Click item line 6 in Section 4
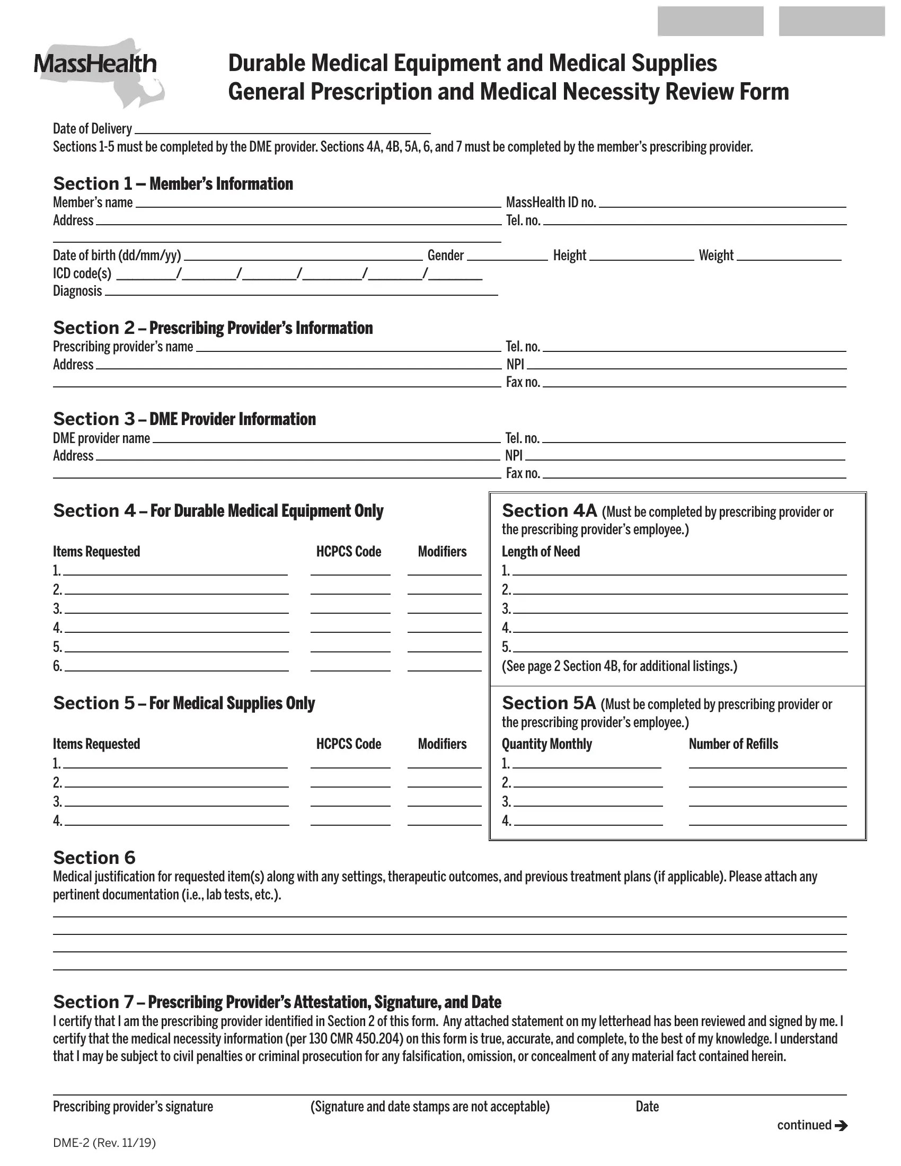point(176,666)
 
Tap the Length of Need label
point(540,551)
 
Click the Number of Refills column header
point(733,744)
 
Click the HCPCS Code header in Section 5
point(349,744)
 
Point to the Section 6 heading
point(94,858)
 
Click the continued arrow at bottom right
point(841,1125)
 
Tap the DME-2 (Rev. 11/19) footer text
point(104,1143)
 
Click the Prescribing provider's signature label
point(132,1106)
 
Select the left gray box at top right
point(710,21)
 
